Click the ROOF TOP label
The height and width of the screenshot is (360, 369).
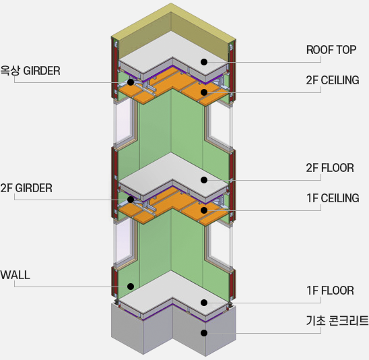[331, 50]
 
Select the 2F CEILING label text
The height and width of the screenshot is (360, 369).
[333, 80]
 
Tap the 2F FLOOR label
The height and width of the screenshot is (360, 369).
[330, 168]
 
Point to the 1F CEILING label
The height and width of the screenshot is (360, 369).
[333, 198]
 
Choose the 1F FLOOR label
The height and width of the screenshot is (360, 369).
[330, 291]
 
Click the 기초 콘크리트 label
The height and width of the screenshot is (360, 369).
[337, 321]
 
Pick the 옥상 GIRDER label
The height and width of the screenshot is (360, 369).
[30, 71]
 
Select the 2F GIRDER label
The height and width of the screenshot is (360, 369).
[26, 188]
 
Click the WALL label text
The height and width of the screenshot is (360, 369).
[15, 275]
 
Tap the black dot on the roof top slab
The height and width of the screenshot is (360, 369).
[204, 62]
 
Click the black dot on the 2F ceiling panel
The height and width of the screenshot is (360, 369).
[204, 92]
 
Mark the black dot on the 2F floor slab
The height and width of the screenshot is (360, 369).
[204, 180]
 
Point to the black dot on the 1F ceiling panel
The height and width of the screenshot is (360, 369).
[204, 210]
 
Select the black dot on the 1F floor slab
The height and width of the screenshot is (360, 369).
[204, 303]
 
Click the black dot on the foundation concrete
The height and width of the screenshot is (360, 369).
[204, 333]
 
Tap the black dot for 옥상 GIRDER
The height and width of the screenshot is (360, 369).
[131, 82]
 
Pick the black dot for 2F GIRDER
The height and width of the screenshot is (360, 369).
[131, 200]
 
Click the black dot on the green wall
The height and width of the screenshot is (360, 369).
[131, 287]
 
